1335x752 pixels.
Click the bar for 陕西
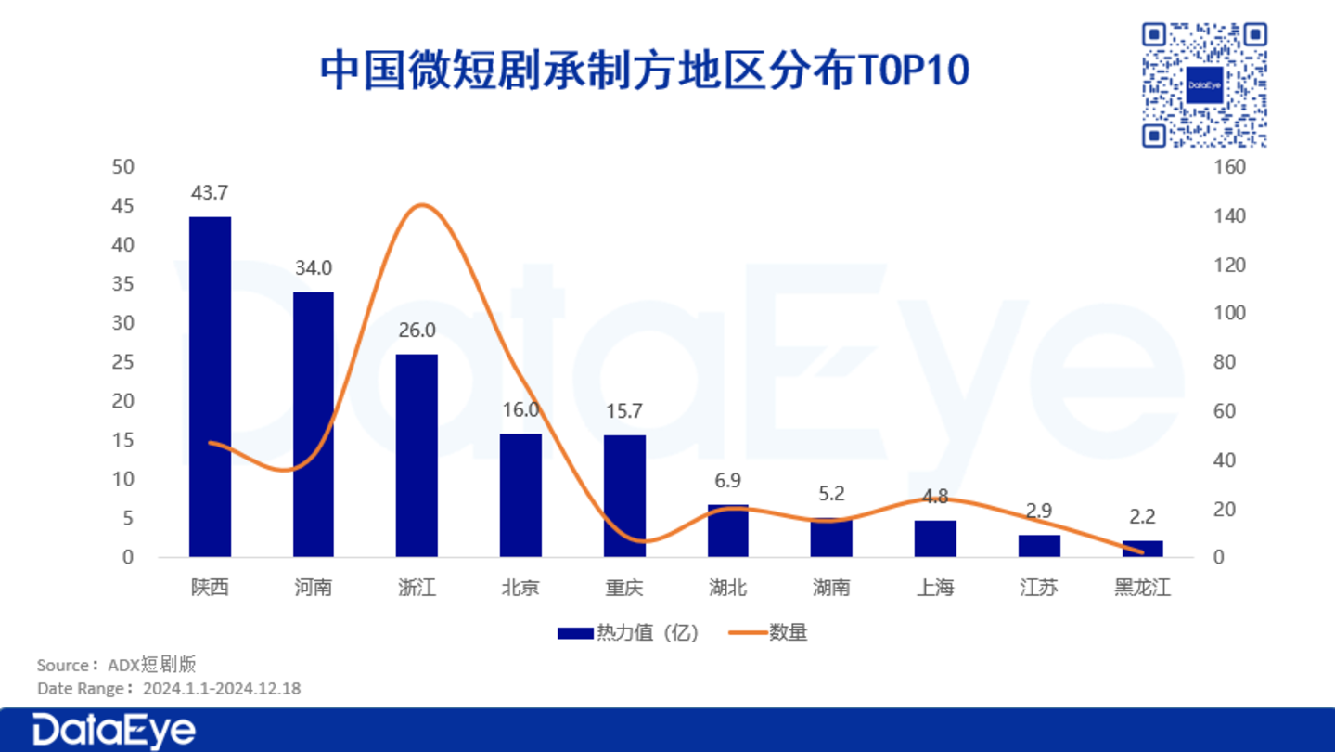[210, 386]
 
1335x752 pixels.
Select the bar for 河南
[314, 424]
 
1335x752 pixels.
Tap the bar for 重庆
[624, 496]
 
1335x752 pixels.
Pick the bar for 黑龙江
[1142, 549]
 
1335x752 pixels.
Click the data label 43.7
[210, 193]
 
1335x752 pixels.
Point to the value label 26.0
[417, 331]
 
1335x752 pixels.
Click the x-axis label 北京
[520, 588]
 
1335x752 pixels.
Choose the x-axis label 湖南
[831, 588]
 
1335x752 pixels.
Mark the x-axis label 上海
[935, 588]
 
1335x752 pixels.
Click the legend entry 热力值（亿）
[629, 633]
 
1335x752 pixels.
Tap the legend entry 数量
[769, 633]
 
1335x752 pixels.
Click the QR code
[1204, 85]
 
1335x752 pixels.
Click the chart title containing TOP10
[645, 71]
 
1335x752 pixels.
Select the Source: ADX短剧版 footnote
[117, 665]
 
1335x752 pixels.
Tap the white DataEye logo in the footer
[114, 731]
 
